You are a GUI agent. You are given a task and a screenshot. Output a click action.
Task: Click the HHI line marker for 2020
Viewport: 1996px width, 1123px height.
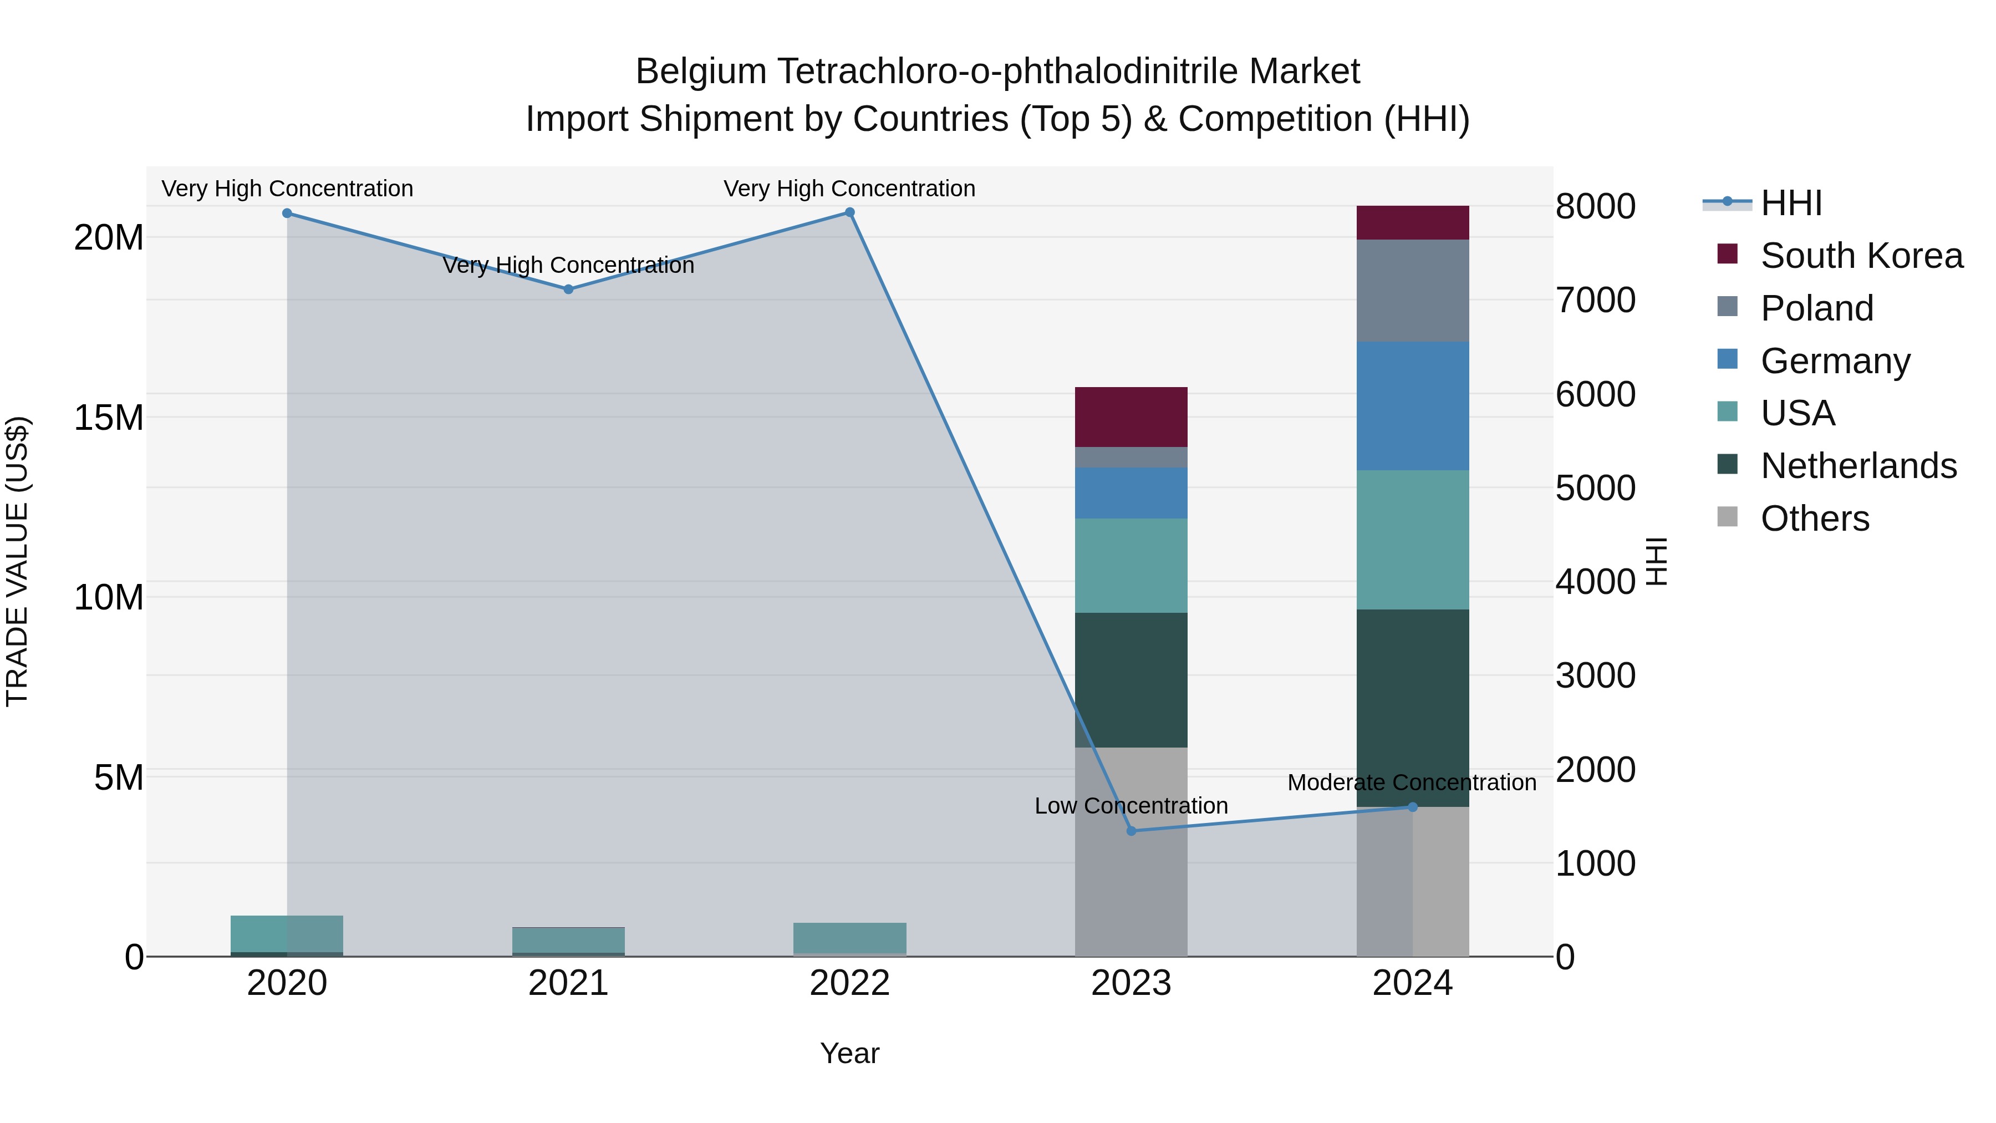287,213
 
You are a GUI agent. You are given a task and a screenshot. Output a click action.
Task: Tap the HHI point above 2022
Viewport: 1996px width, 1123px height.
849,212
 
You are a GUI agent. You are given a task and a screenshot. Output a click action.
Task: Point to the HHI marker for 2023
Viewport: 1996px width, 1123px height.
1131,831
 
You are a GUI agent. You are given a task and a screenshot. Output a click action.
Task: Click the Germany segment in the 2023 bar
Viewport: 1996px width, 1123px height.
1131,493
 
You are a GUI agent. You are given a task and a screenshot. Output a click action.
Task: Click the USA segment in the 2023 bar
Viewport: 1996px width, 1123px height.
1131,566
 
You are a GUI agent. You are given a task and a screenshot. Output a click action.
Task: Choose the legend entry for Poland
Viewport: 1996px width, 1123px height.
1816,308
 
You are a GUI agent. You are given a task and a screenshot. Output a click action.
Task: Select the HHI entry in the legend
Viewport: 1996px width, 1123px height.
1791,203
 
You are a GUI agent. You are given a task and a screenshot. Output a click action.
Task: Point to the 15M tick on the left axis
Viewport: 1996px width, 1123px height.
109,418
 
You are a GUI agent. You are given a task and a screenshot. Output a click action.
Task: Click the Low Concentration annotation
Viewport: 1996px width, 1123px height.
1131,806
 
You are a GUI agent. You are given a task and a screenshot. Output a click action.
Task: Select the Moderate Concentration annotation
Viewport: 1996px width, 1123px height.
1411,782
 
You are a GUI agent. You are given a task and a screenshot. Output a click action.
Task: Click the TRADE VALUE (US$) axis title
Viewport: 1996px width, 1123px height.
18,561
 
